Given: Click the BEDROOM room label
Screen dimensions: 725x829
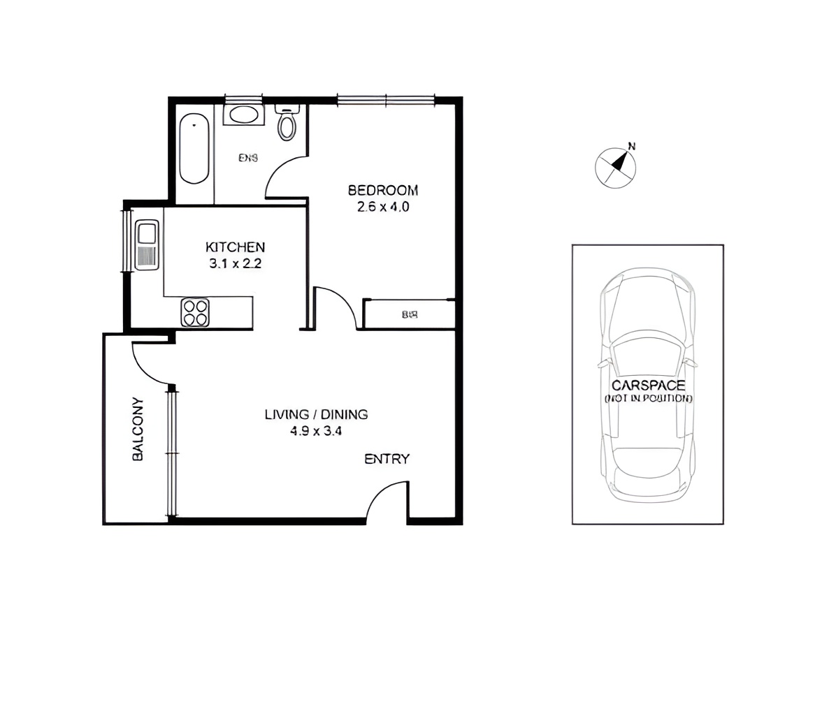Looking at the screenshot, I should coord(382,190).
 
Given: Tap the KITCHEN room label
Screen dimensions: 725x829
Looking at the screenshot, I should coord(235,247).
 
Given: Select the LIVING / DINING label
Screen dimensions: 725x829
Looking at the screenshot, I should coord(316,414).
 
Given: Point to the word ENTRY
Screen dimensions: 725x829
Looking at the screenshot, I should coord(387,459).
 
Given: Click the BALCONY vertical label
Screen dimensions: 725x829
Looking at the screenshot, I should coord(138,429).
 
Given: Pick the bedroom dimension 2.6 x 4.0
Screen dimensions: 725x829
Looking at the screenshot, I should coord(382,207).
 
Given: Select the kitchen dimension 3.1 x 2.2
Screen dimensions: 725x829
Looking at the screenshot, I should coord(235,263).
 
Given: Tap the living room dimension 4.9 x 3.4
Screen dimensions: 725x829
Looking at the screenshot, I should coord(316,431).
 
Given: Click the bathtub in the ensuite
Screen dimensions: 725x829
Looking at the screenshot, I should coord(194,149).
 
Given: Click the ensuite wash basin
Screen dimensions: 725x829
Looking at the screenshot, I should coord(243,114).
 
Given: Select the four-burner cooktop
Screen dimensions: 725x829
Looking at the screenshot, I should coord(195,312).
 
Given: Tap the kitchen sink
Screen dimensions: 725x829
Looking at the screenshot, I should coord(147,233).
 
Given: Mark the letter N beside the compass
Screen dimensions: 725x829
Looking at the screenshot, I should coord(632,147).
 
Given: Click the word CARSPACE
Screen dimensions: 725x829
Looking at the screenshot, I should coord(648,385).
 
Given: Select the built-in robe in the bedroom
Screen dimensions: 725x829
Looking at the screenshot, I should coord(409,314).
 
